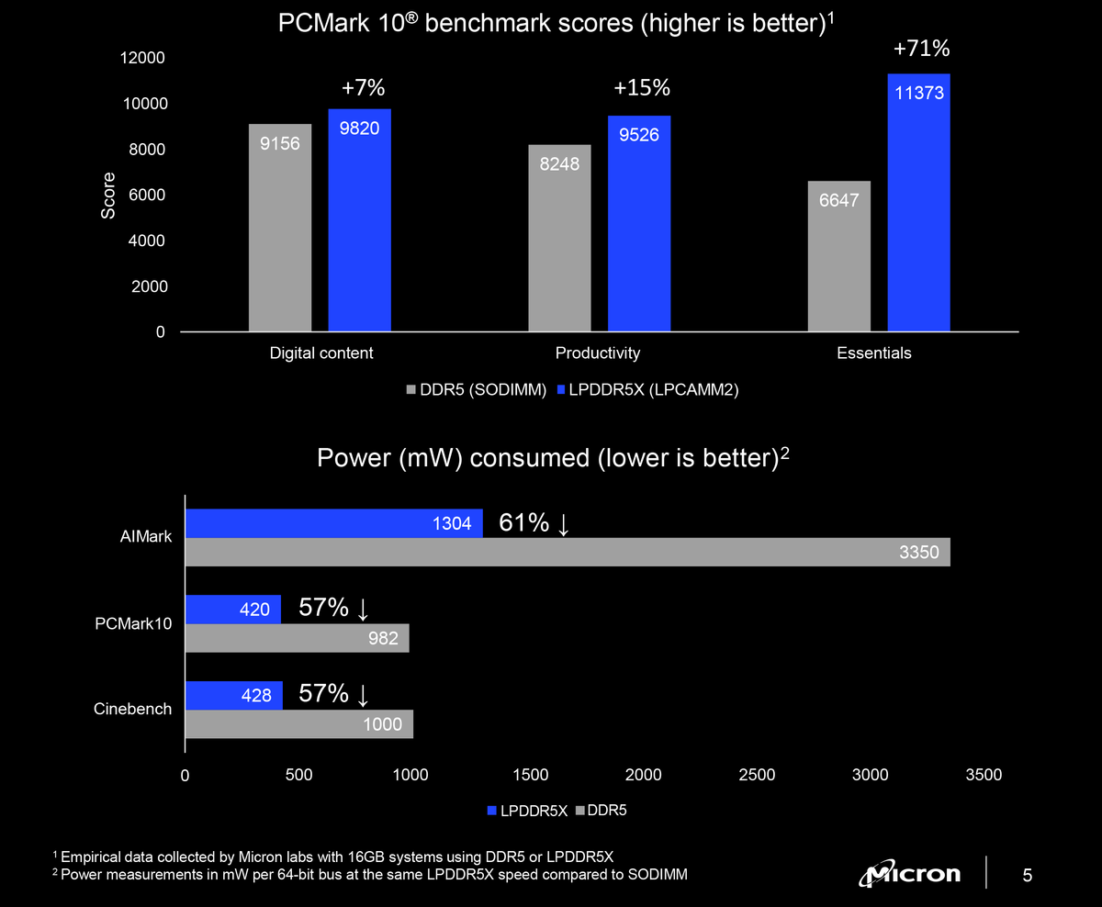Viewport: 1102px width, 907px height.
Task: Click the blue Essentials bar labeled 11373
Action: (918, 202)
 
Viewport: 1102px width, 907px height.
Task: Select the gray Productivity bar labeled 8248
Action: (559, 238)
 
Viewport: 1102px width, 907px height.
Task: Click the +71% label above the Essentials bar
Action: (921, 49)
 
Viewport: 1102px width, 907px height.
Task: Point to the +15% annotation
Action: (642, 88)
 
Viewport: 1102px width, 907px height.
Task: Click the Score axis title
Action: (108, 196)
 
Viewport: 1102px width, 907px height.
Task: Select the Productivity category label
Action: (598, 353)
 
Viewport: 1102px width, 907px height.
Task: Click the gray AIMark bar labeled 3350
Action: (568, 552)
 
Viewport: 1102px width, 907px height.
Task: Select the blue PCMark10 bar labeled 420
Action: (233, 609)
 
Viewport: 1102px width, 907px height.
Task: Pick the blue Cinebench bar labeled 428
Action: (234, 695)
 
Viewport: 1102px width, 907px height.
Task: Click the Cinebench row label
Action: (132, 710)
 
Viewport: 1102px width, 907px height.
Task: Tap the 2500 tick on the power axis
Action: (757, 775)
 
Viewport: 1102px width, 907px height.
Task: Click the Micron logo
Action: (910, 874)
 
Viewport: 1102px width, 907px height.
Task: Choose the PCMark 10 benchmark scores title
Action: (555, 25)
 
